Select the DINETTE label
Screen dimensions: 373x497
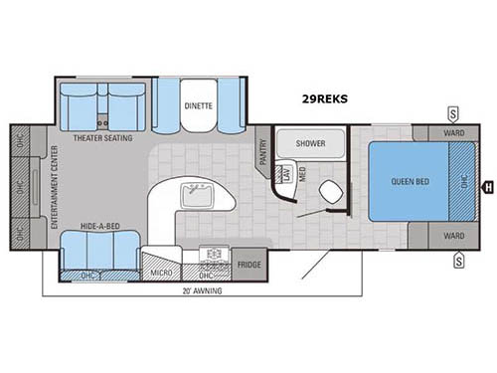[198, 105]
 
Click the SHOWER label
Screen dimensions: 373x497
[308, 142]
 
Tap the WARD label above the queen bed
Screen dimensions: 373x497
[454, 133]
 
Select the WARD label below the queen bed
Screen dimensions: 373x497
[454, 236]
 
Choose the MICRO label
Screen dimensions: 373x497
[160, 271]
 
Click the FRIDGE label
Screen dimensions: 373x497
[249, 266]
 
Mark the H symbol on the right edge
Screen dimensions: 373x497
[487, 185]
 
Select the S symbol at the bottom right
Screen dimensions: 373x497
[458, 261]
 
